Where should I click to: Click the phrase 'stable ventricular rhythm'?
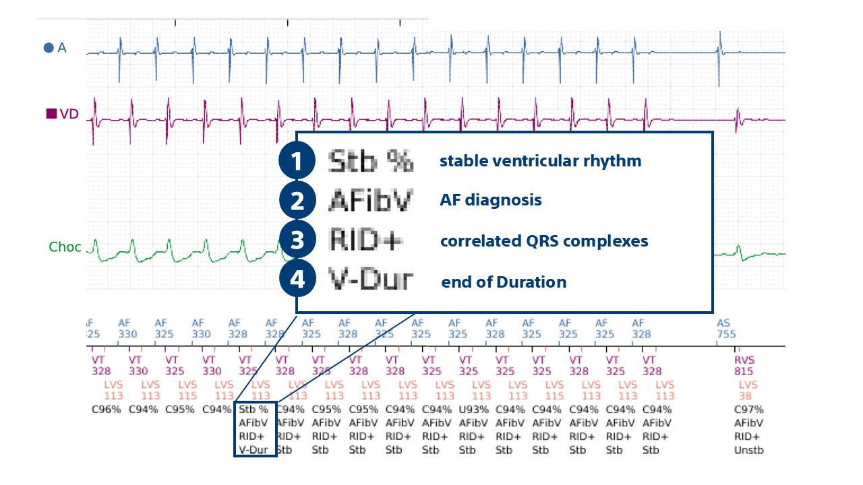(x=540, y=162)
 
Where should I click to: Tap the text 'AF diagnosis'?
(x=490, y=201)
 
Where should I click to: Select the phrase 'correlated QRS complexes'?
(x=544, y=241)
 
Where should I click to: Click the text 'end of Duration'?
(x=504, y=282)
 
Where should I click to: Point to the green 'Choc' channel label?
(x=65, y=247)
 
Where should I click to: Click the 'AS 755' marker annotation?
(x=726, y=329)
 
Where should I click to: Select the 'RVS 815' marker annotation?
(x=744, y=366)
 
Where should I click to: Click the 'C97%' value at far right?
(x=748, y=410)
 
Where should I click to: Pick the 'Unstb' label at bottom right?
(x=748, y=450)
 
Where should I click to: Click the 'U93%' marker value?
(x=473, y=410)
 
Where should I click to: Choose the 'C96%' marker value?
(x=106, y=409)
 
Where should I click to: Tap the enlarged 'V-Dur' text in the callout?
(x=370, y=280)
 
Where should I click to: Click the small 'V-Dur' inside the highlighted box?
(x=254, y=449)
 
